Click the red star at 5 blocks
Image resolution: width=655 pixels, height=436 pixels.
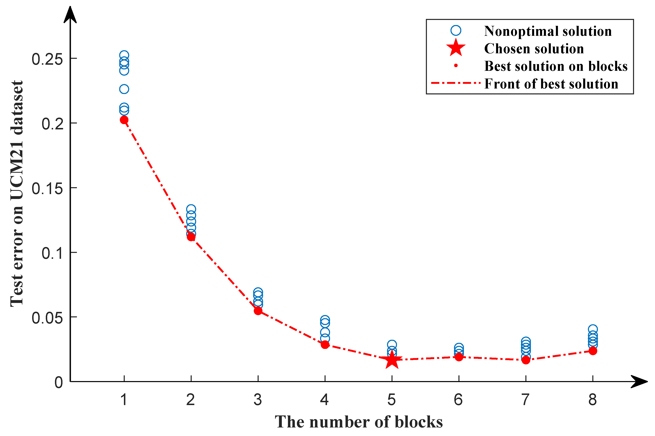click(392, 360)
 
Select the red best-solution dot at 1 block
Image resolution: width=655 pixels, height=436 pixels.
click(124, 120)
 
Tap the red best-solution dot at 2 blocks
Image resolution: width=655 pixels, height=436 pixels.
click(191, 237)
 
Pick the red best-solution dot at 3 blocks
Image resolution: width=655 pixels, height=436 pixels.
click(258, 311)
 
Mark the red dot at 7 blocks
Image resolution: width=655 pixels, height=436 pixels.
click(526, 360)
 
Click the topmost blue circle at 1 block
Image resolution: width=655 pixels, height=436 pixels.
click(124, 55)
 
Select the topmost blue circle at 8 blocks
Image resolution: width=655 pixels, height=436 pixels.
click(593, 329)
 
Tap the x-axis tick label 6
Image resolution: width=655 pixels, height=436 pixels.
click(458, 400)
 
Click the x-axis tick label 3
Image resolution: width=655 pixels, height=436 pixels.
click(258, 400)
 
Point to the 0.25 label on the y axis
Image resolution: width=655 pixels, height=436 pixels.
click(47, 59)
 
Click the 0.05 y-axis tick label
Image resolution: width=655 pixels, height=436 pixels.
click(47, 318)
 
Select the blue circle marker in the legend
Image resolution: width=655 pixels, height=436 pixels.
click(456, 31)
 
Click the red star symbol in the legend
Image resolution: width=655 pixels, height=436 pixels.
click(456, 48)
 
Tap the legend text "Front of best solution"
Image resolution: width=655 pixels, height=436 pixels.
click(551, 84)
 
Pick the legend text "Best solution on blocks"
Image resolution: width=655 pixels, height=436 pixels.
click(556, 66)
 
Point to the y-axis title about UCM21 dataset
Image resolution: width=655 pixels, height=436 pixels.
click(17, 194)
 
